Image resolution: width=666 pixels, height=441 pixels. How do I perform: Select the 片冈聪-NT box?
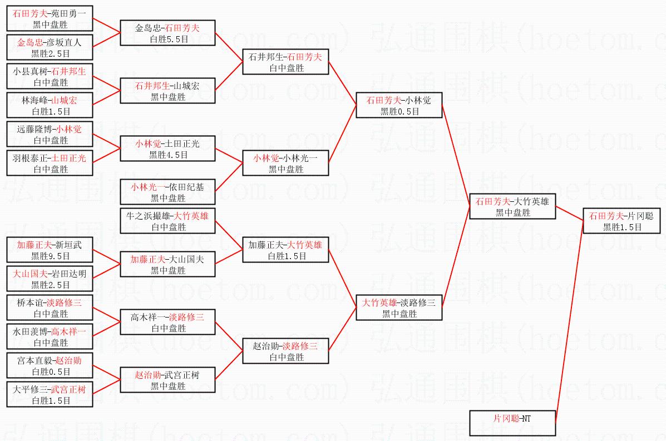512,423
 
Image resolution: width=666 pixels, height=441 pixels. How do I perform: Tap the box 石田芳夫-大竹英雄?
512,206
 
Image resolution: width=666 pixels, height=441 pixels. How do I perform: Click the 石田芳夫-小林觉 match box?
399,105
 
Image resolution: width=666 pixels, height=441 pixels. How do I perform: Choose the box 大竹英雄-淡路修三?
399,308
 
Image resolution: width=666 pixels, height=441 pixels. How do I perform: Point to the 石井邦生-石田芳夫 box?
285,62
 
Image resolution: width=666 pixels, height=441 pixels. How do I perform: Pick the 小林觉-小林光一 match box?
285,163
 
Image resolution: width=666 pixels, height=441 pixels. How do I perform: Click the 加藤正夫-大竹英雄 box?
285,250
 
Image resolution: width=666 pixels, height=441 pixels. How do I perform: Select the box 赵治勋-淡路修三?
285,351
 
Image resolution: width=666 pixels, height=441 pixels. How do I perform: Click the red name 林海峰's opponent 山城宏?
65,100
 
